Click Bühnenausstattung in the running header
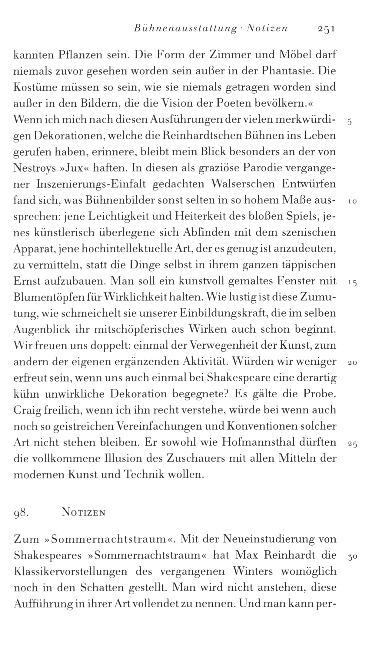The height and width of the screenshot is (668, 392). (x=185, y=29)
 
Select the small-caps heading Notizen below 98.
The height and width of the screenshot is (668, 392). (x=83, y=513)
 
